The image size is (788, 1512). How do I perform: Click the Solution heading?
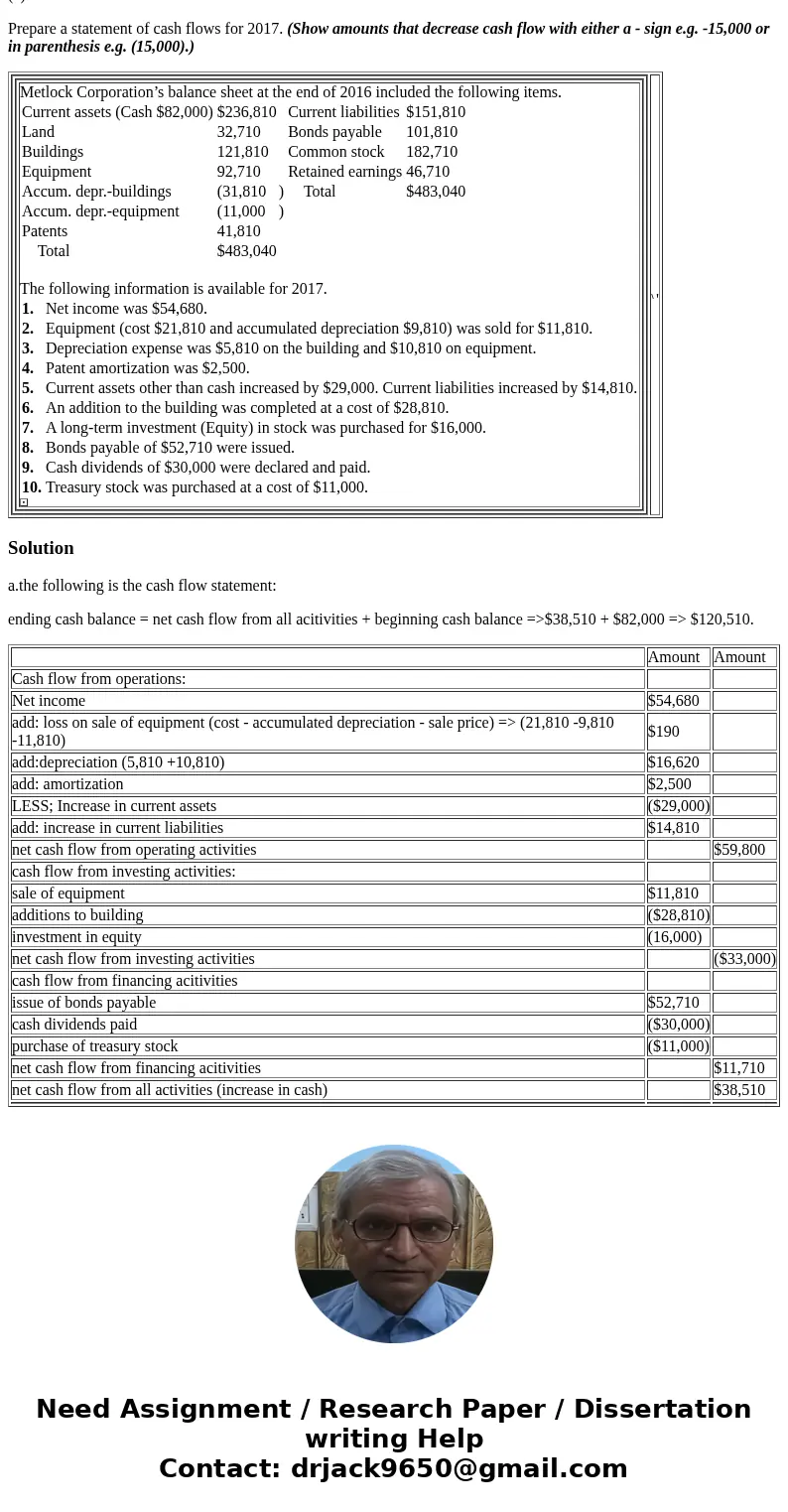[x=41, y=548]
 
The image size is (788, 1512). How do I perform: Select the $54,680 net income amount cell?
[x=674, y=701]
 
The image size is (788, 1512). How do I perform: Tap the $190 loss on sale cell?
[x=664, y=732]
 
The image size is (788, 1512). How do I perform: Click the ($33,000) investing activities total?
[x=744, y=959]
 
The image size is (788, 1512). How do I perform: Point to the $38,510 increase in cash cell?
[x=739, y=1090]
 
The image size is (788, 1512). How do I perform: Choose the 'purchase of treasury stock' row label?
[x=95, y=1046]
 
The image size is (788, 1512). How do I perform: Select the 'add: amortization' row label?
[x=67, y=784]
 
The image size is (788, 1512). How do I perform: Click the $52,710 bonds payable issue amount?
[x=674, y=1003]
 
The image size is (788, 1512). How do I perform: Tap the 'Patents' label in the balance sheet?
[x=45, y=231]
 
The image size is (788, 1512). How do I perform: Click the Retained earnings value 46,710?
[x=428, y=172]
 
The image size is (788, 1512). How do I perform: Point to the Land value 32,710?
[x=239, y=132]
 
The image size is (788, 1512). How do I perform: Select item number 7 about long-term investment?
[x=265, y=428]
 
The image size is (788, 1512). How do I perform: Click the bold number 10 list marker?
[x=31, y=487]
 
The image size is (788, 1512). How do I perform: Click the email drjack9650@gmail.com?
[x=459, y=1469]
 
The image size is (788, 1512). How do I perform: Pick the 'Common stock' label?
[x=335, y=152]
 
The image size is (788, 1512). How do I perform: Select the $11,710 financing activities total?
[x=739, y=1068]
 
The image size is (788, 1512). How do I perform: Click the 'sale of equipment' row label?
[x=68, y=893]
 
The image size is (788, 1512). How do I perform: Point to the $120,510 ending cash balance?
[x=721, y=619]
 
